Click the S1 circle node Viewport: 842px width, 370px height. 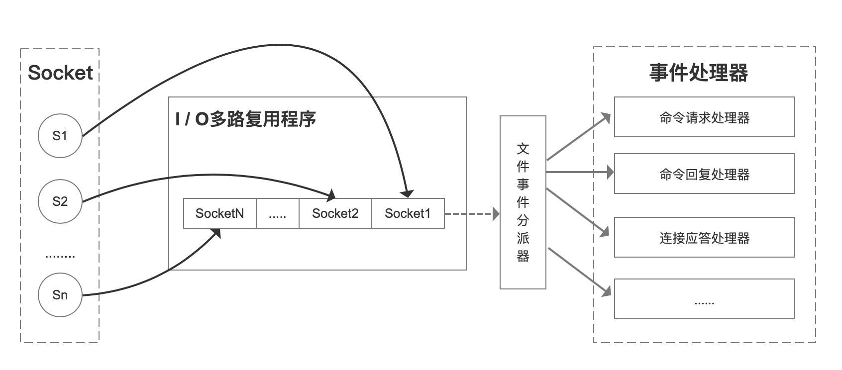click(x=60, y=136)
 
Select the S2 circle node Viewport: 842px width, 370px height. click(x=60, y=201)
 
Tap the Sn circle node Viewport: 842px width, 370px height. click(x=60, y=295)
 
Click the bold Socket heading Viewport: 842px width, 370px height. click(x=60, y=73)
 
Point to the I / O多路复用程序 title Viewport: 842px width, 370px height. click(x=246, y=119)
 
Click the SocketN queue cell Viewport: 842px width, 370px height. click(x=220, y=213)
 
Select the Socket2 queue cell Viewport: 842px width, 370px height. click(x=335, y=213)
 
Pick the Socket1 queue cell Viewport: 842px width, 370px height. click(x=408, y=213)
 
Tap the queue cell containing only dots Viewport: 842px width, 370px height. click(x=277, y=213)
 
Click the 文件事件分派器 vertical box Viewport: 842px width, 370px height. click(x=523, y=202)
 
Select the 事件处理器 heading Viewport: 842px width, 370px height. click(x=699, y=73)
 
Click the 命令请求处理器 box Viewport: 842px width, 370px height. click(x=704, y=117)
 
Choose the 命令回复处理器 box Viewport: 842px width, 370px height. click(x=704, y=174)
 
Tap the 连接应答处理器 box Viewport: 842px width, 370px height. click(x=704, y=238)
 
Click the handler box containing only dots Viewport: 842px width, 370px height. click(x=704, y=299)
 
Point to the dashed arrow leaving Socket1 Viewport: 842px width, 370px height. click(x=470, y=214)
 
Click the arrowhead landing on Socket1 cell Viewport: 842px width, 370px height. click(x=408, y=193)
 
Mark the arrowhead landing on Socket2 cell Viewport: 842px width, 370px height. click(x=331, y=195)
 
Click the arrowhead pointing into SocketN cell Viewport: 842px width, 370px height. click(x=215, y=233)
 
